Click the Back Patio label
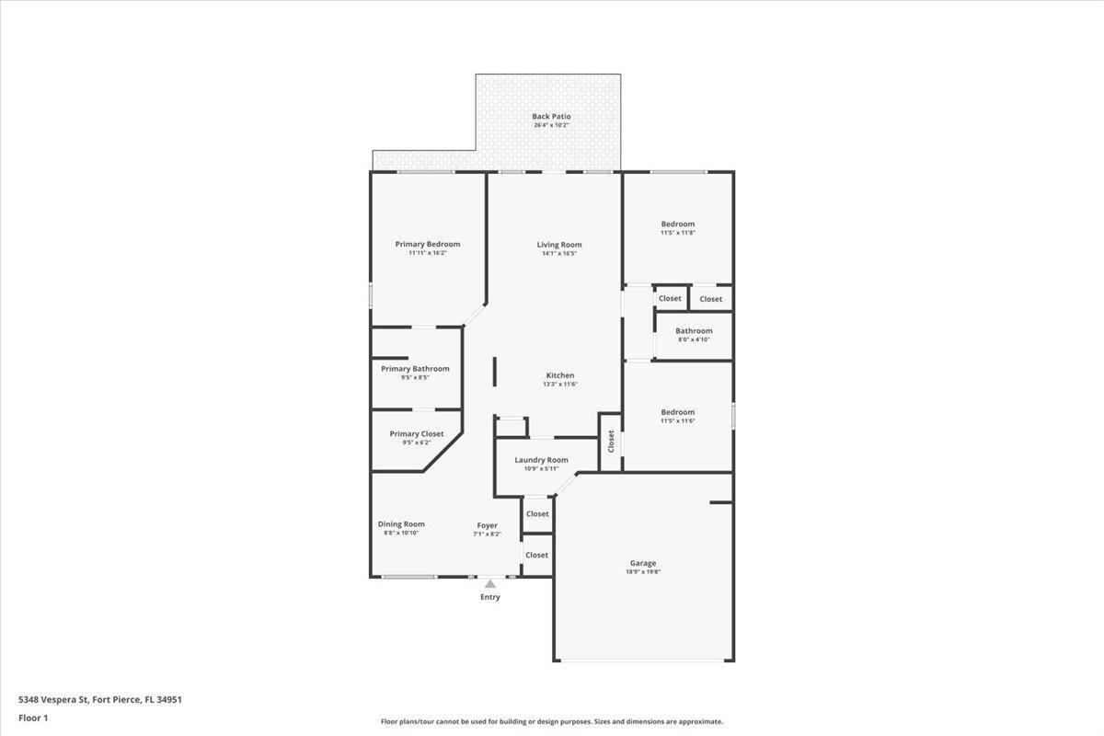point(551,117)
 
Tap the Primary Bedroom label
point(427,244)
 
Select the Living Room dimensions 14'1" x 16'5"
point(559,254)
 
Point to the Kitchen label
point(560,375)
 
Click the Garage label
point(643,563)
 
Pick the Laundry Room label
point(541,460)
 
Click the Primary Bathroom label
point(415,369)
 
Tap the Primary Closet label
point(416,433)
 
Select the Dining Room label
point(401,524)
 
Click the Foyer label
point(487,525)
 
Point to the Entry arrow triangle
point(490,583)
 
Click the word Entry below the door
point(490,598)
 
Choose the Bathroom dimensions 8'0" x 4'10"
point(694,339)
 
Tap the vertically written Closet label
point(610,442)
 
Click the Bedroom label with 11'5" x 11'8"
point(678,224)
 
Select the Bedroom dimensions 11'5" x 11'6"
point(678,421)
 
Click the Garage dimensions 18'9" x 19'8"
point(643,572)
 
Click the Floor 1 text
point(32,718)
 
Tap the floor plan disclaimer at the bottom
point(552,722)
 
